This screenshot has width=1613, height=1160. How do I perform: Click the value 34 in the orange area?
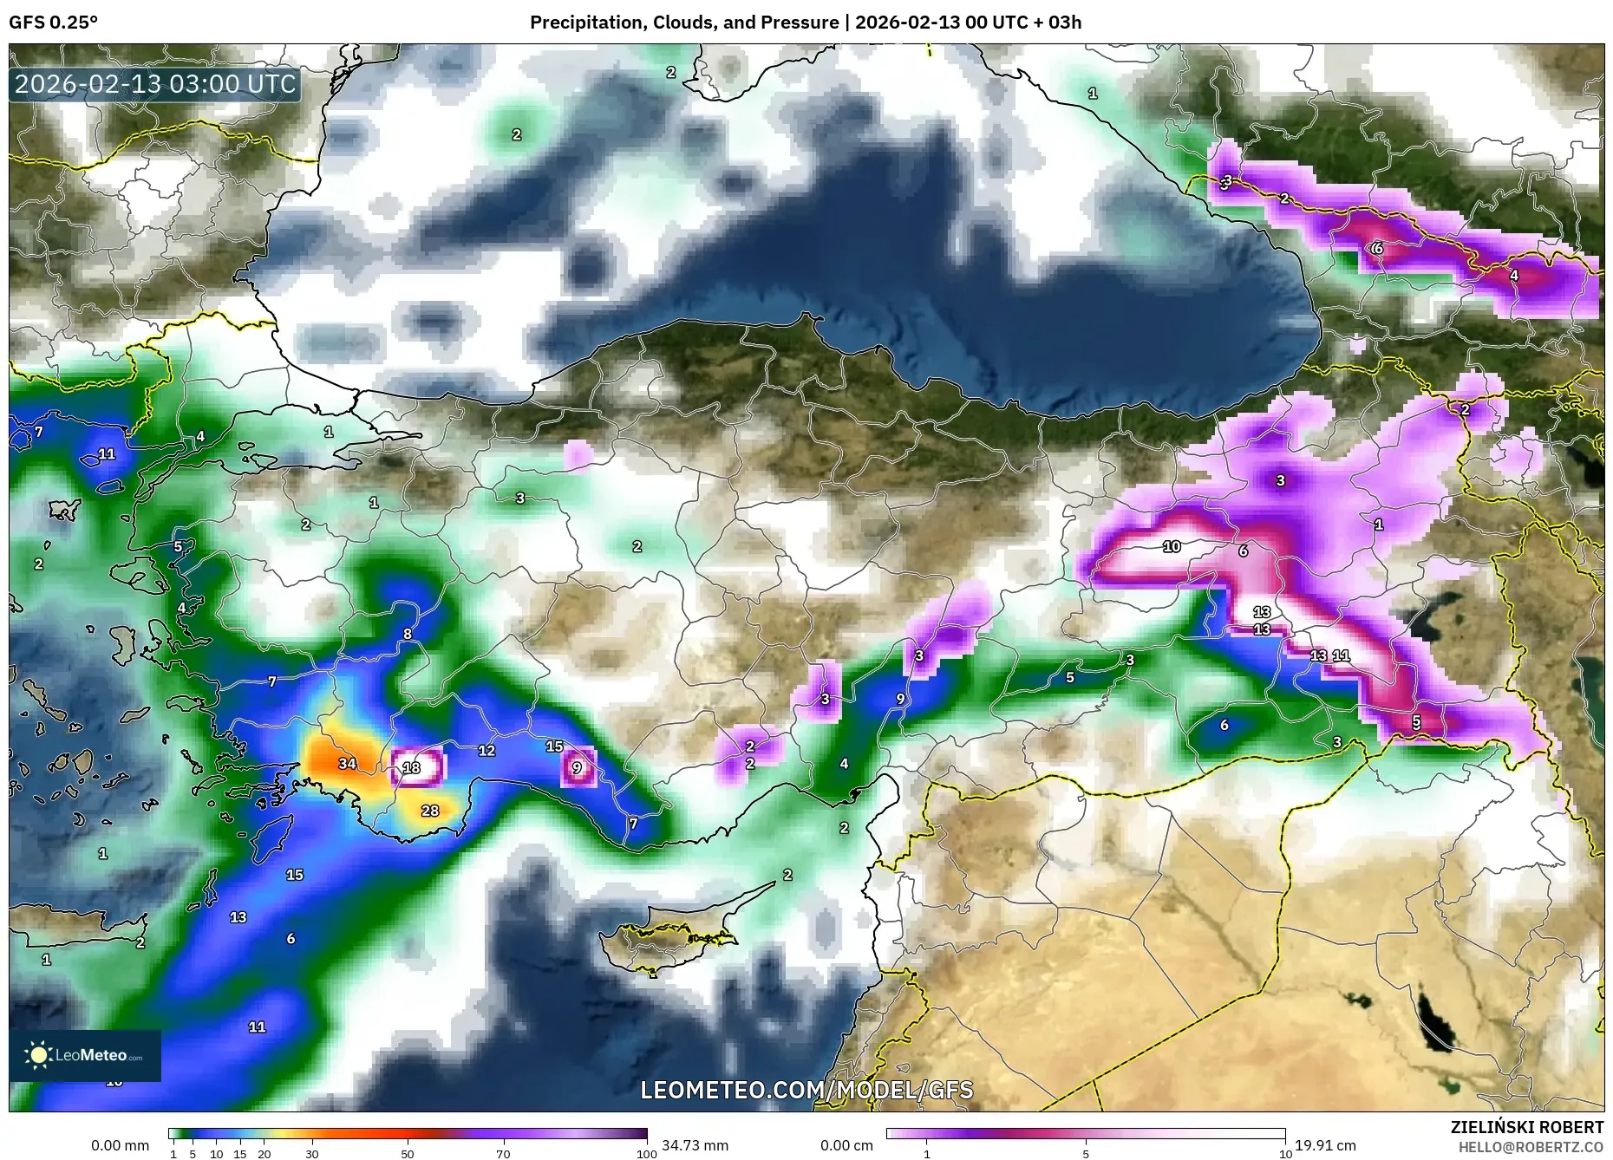(x=347, y=764)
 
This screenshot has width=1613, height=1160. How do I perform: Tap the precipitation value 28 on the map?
(x=430, y=811)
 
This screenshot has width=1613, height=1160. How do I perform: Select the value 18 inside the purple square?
(x=412, y=767)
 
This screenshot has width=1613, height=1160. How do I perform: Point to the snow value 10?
(x=1172, y=546)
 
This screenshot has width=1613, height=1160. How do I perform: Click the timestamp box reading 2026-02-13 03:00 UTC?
(x=155, y=84)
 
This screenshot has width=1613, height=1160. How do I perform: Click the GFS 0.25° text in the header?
(x=53, y=23)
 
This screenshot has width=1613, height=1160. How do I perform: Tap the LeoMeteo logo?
(x=85, y=1055)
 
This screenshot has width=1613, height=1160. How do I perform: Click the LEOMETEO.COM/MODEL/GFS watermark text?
(x=806, y=1090)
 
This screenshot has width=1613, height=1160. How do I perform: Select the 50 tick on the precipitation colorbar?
(x=408, y=1154)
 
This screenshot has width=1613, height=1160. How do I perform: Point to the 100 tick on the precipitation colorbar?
(x=646, y=1154)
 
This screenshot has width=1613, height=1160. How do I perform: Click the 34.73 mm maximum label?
(x=695, y=1145)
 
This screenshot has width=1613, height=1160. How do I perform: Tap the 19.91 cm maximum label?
(x=1325, y=1145)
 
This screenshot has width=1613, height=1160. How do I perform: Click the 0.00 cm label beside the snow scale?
(x=846, y=1145)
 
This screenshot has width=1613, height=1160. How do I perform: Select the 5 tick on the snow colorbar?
(x=1086, y=1154)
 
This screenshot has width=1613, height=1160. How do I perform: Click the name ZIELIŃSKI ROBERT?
(x=1526, y=1127)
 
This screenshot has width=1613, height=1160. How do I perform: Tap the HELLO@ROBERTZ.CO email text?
(x=1531, y=1147)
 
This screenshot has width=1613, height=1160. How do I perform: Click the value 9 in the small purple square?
(x=578, y=767)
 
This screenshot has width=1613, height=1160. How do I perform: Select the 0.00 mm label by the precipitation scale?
(x=120, y=1145)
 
